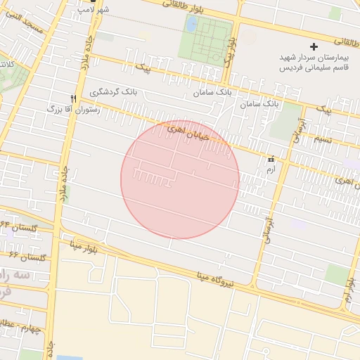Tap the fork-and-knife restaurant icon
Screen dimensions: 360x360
(73, 99)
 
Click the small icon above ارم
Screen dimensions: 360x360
(271, 160)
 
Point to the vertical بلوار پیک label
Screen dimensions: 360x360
(231, 53)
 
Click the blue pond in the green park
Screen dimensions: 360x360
(191, 25)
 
